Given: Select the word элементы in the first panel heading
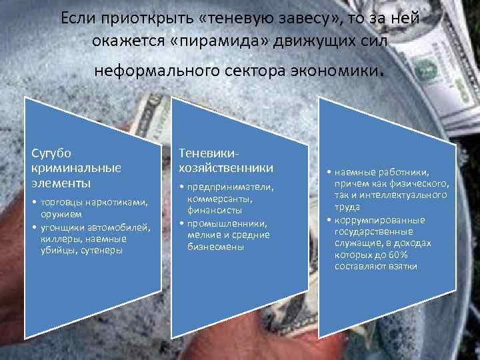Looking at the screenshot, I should pyautogui.click(x=60, y=182).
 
